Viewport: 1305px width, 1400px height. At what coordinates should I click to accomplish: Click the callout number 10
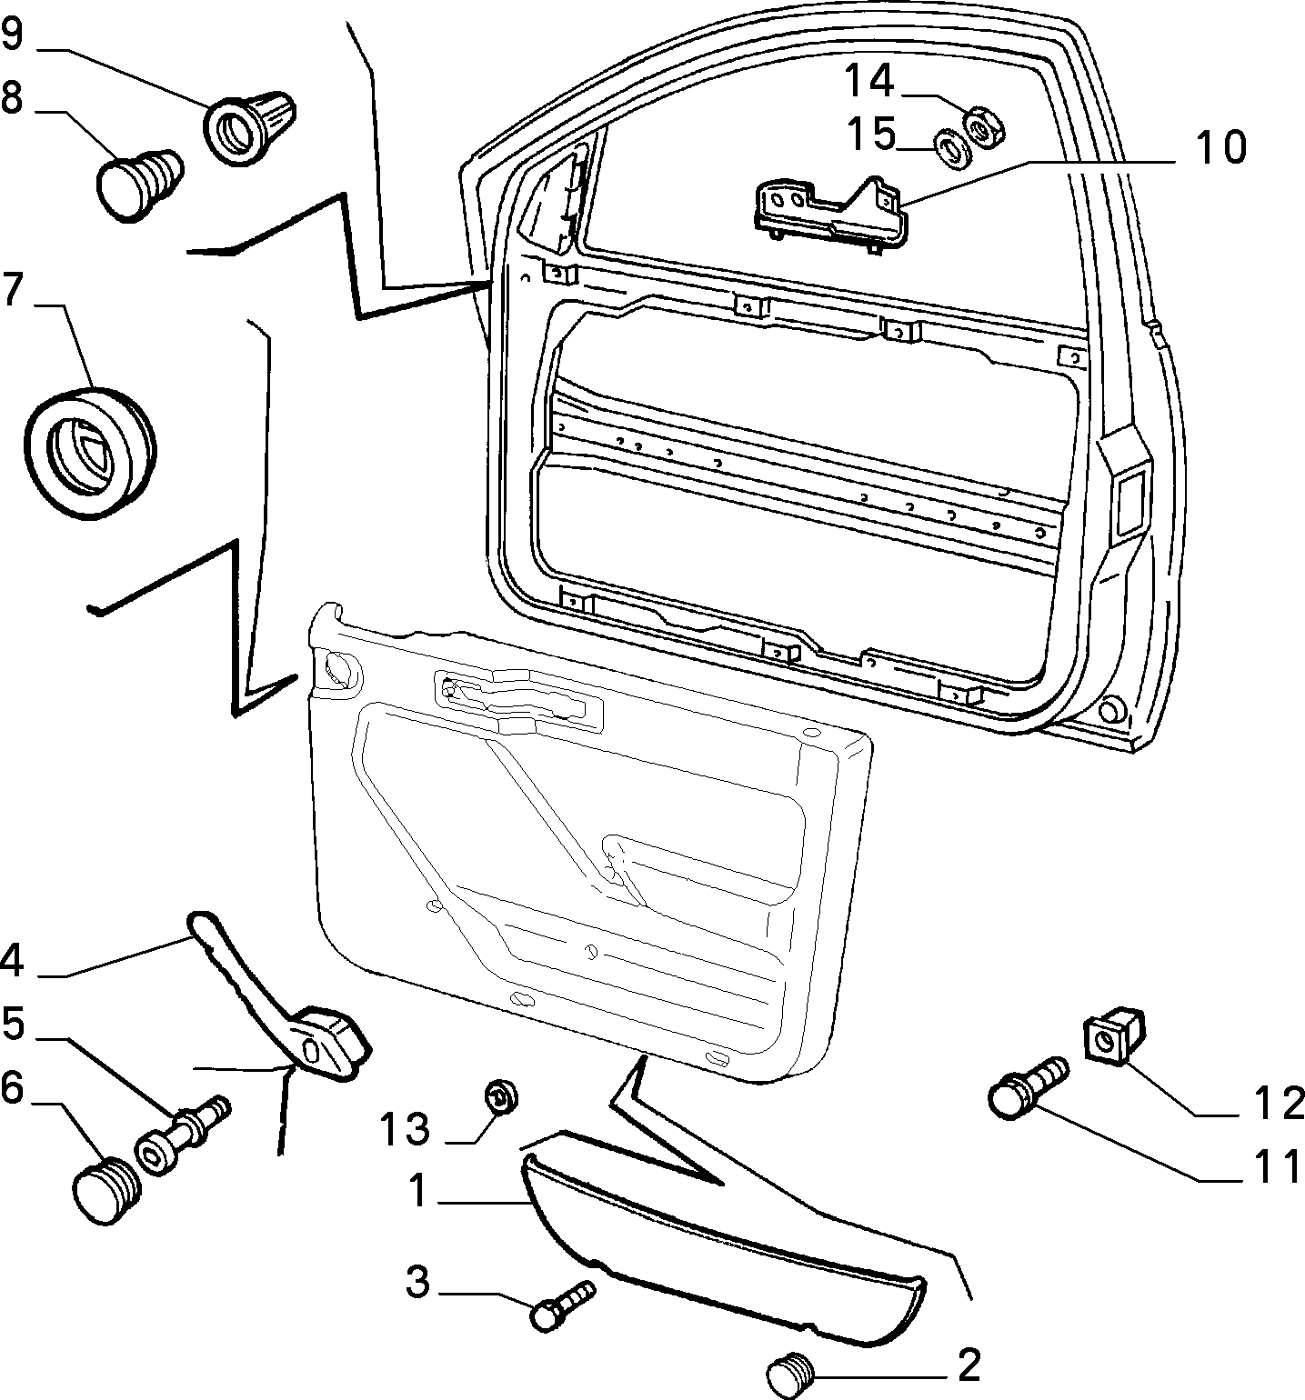[x=1220, y=148]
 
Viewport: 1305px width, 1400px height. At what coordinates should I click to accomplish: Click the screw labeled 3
[x=562, y=1305]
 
